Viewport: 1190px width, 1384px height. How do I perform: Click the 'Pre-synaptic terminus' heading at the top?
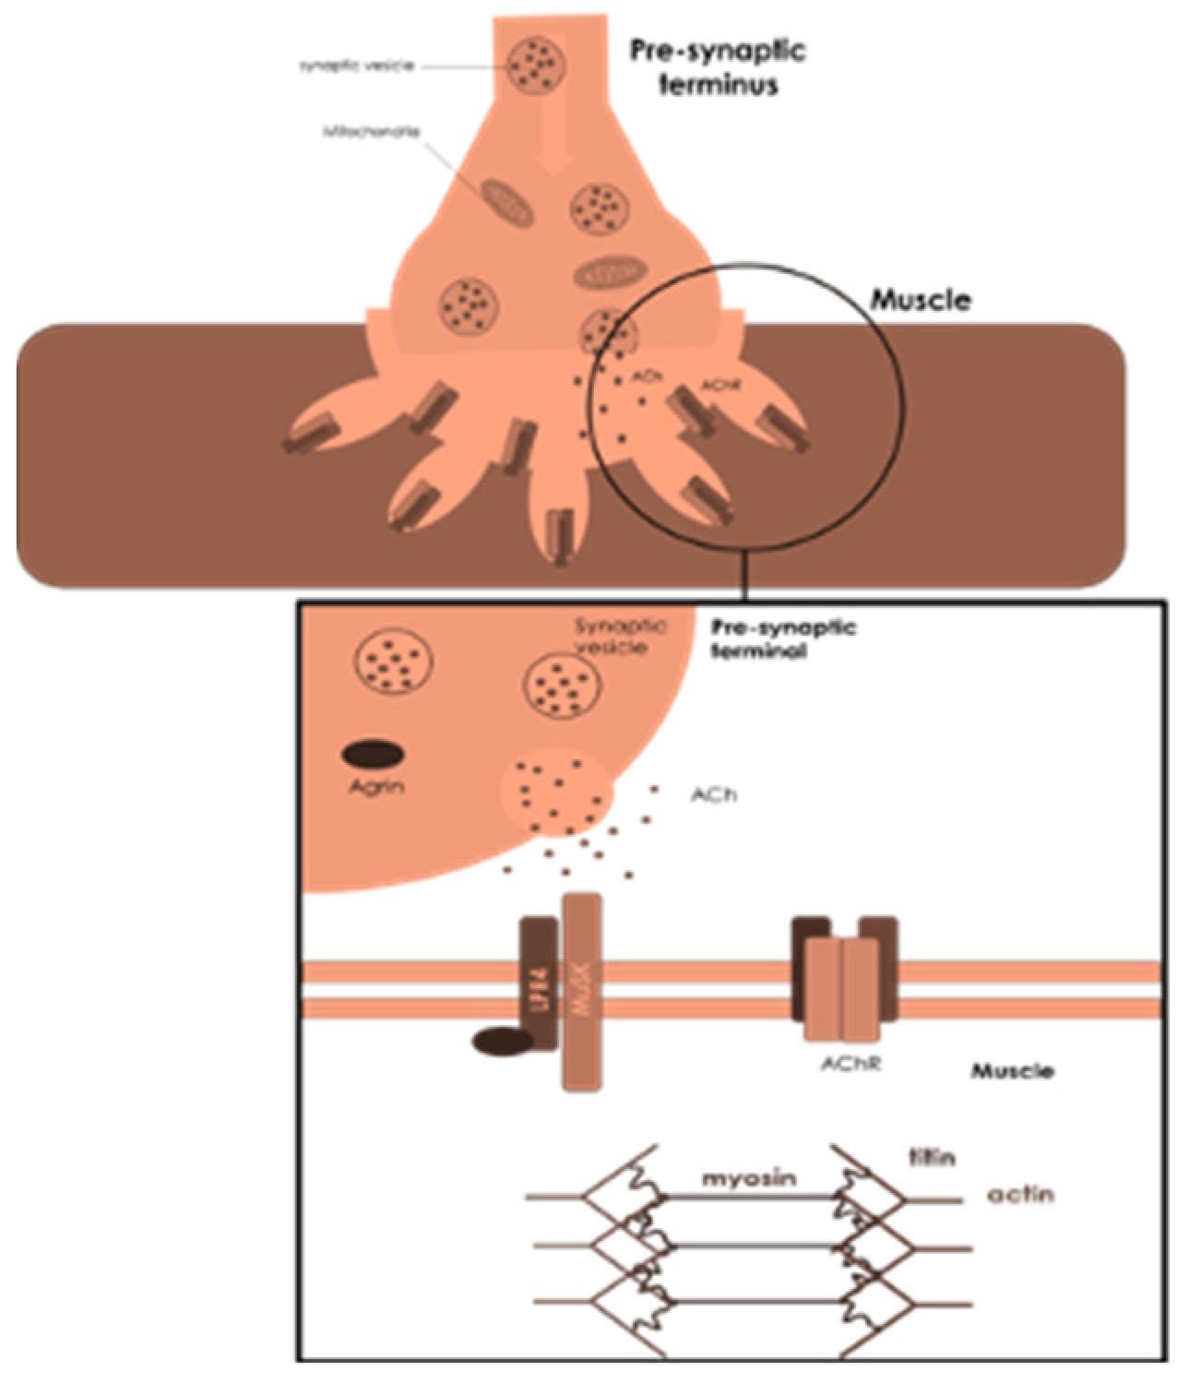pos(718,66)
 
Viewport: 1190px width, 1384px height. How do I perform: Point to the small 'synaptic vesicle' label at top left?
pos(356,66)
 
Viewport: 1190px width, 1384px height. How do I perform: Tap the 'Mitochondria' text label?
pos(372,132)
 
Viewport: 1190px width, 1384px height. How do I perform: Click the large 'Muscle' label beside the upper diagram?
pos(921,300)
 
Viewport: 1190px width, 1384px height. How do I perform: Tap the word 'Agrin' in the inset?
pos(376,787)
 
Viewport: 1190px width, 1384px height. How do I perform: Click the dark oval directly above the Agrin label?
pos(374,755)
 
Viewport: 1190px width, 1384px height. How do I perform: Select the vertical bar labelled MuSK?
pos(582,992)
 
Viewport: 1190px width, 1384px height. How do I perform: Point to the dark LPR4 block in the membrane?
pos(539,984)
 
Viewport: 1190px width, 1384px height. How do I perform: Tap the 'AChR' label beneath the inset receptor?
pos(851,1063)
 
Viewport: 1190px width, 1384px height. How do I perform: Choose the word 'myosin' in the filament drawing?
pos(749,1178)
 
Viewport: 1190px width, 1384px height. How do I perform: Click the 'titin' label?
pos(932,1157)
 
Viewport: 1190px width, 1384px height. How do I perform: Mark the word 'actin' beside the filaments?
pos(1020,1195)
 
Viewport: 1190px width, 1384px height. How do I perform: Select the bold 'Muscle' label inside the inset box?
pos(1012,1071)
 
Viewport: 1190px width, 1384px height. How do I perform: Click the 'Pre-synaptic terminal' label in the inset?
pos(783,638)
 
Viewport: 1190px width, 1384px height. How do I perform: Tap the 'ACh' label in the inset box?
pos(714,793)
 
